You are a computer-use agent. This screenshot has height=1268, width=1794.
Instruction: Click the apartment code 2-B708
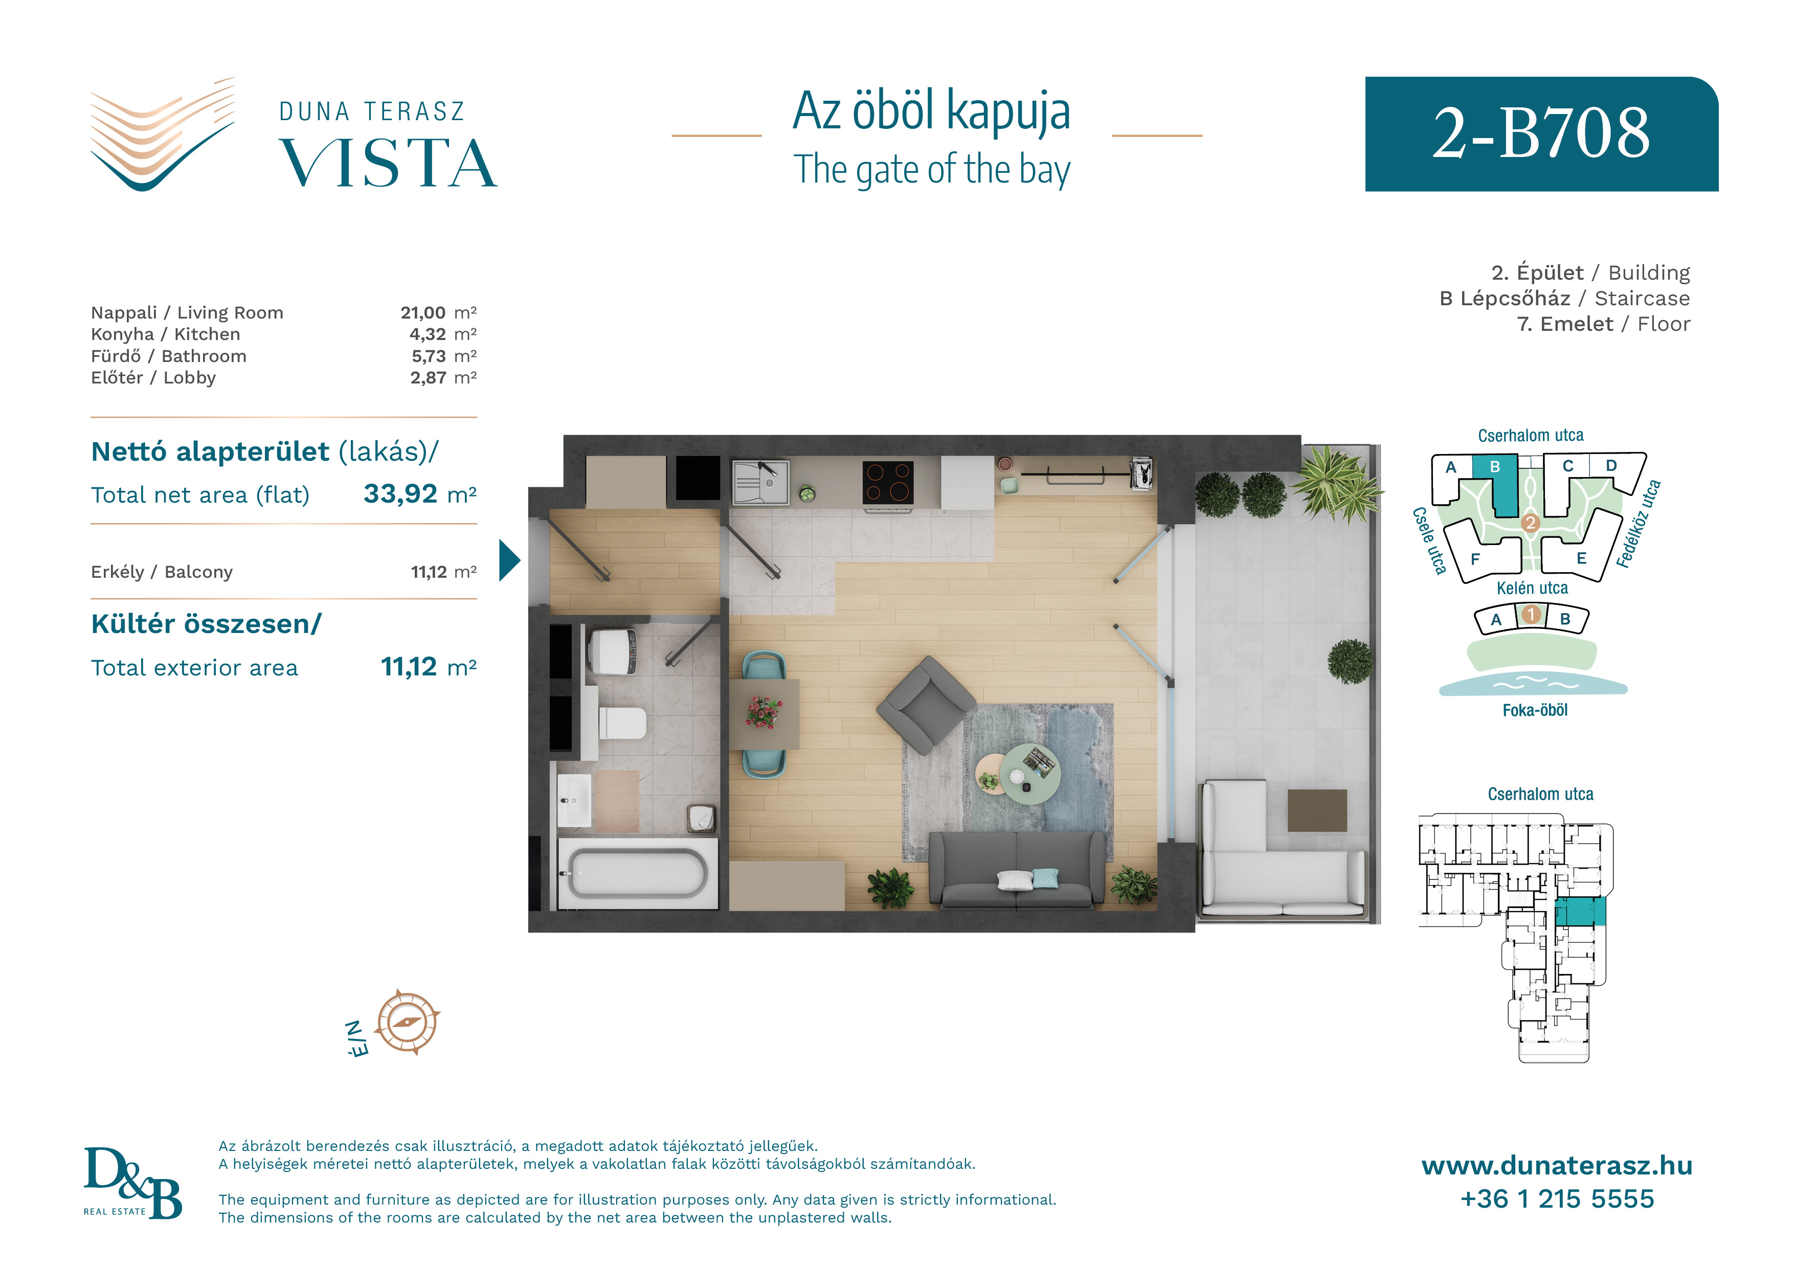[1541, 133]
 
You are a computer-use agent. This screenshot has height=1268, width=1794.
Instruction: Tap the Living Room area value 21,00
[423, 312]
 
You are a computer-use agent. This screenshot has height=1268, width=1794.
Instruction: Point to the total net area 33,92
[400, 494]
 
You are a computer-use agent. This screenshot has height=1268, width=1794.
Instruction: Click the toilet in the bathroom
[623, 722]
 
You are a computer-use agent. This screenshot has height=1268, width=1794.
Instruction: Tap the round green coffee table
[1030, 773]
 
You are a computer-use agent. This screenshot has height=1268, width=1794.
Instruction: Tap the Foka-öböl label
[1535, 710]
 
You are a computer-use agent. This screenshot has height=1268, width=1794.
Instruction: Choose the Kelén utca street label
[1532, 588]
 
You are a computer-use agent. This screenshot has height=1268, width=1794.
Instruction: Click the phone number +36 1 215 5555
[1557, 1198]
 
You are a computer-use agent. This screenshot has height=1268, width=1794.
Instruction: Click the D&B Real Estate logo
[133, 1183]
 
